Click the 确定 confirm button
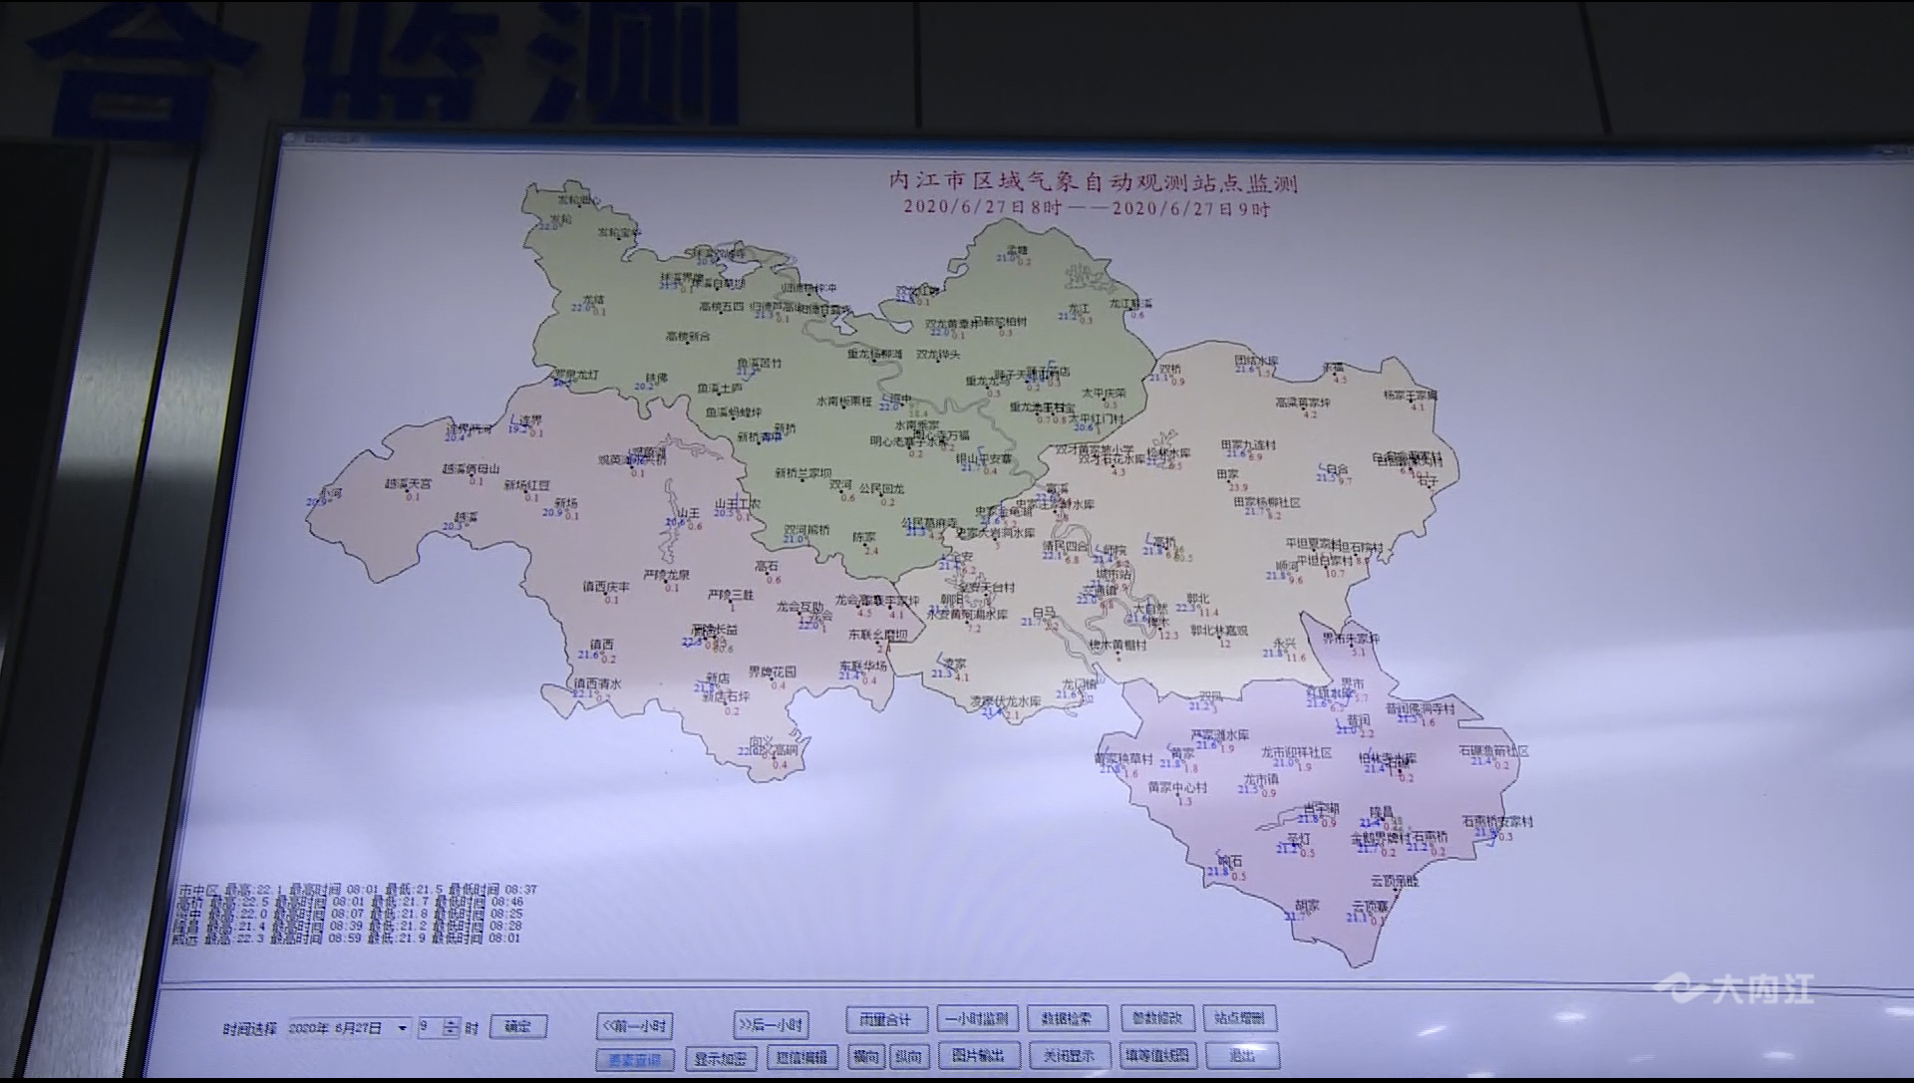(518, 1026)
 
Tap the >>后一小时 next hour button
(771, 1024)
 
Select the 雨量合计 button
(886, 1019)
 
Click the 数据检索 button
(1067, 1018)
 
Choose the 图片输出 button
(978, 1055)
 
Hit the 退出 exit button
(1242, 1055)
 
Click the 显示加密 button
(721, 1058)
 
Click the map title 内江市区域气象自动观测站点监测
(1093, 182)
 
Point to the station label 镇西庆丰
(606, 587)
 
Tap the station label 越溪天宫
(409, 483)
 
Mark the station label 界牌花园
(773, 672)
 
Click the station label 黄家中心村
(1177, 787)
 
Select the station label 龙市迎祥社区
(1296, 752)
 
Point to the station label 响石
(1230, 861)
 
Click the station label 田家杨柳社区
(1267, 502)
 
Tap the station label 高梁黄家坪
(1303, 403)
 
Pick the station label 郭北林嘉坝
(1219, 630)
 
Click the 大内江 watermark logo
(1735, 988)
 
